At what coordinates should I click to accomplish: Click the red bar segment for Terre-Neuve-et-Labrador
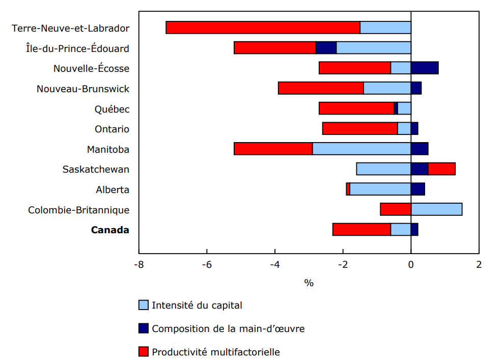click(263, 27)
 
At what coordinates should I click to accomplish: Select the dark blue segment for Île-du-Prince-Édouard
click(326, 48)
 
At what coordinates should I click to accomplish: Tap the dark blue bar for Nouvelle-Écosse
click(424, 68)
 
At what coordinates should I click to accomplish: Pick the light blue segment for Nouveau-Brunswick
click(387, 88)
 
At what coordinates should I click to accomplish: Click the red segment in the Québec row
click(356, 108)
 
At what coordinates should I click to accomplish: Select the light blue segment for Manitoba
click(361, 149)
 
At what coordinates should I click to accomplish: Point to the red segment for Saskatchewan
click(441, 169)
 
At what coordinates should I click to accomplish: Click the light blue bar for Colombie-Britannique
click(436, 209)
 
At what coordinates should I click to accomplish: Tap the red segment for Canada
click(361, 230)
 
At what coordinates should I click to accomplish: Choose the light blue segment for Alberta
click(380, 189)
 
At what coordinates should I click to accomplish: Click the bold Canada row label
click(110, 230)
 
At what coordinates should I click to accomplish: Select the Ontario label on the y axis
click(112, 129)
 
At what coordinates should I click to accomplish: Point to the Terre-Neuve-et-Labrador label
click(71, 29)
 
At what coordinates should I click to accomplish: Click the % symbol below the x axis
click(309, 283)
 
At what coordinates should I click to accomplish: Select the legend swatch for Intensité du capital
click(144, 306)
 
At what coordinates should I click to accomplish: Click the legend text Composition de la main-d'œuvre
click(228, 329)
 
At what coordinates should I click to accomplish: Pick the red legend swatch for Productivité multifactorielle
click(144, 352)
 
